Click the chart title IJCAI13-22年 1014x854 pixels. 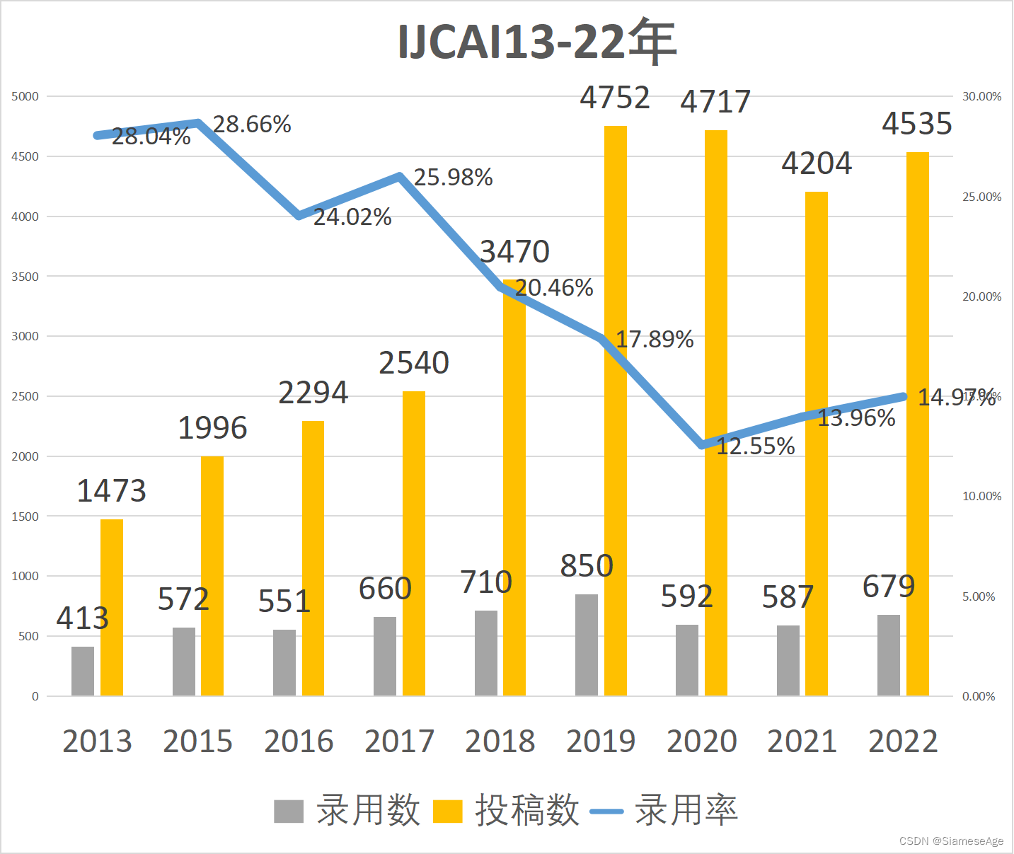537,42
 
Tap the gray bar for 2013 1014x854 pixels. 83,671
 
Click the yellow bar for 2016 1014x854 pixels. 313,559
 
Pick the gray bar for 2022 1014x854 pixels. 888,655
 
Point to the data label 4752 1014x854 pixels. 614,98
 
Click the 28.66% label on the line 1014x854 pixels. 252,125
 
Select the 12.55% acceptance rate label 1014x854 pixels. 756,446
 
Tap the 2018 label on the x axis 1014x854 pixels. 500,742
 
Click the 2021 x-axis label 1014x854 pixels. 802,742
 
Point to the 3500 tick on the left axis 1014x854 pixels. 25,277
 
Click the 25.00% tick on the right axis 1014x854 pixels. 981,197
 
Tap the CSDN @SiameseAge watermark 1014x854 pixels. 951,841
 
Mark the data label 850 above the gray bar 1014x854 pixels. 587,566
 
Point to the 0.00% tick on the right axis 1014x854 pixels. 979,697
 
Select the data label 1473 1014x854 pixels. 111,491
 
